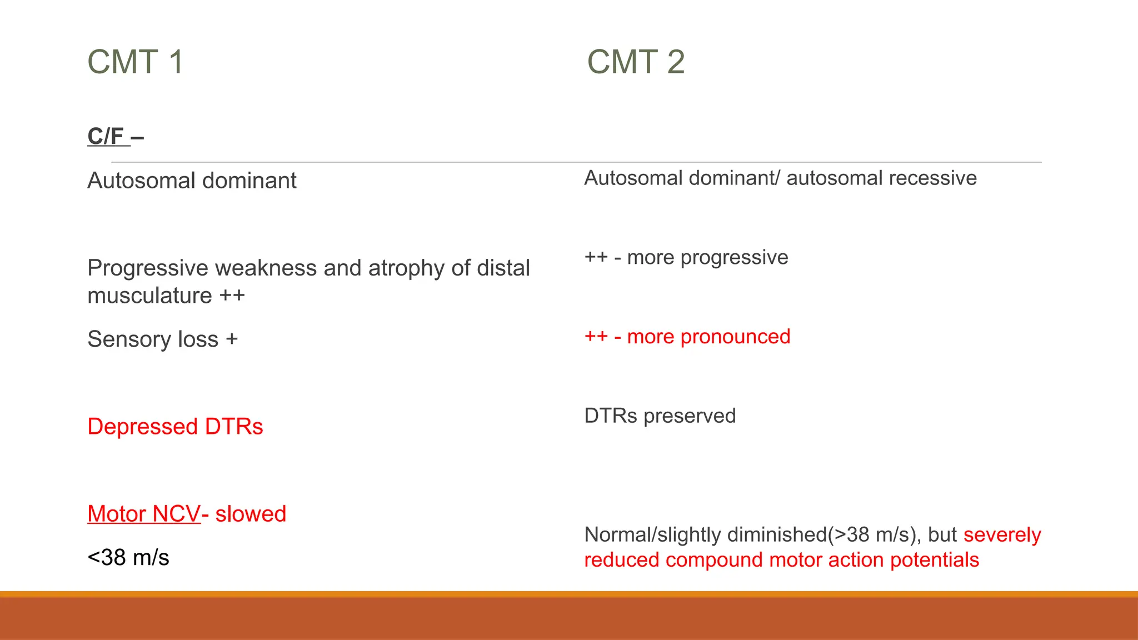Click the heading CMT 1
tap(135, 62)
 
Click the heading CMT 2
tap(636, 62)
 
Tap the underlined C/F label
tap(107, 136)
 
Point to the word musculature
tap(149, 296)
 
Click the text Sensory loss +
tap(162, 339)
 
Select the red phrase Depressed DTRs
tap(175, 427)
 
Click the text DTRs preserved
tap(660, 416)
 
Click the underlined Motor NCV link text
tap(143, 514)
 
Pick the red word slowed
tap(251, 514)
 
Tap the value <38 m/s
tap(128, 557)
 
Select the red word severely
tap(1002, 534)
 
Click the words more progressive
tap(707, 257)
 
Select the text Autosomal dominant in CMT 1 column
tap(192, 181)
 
